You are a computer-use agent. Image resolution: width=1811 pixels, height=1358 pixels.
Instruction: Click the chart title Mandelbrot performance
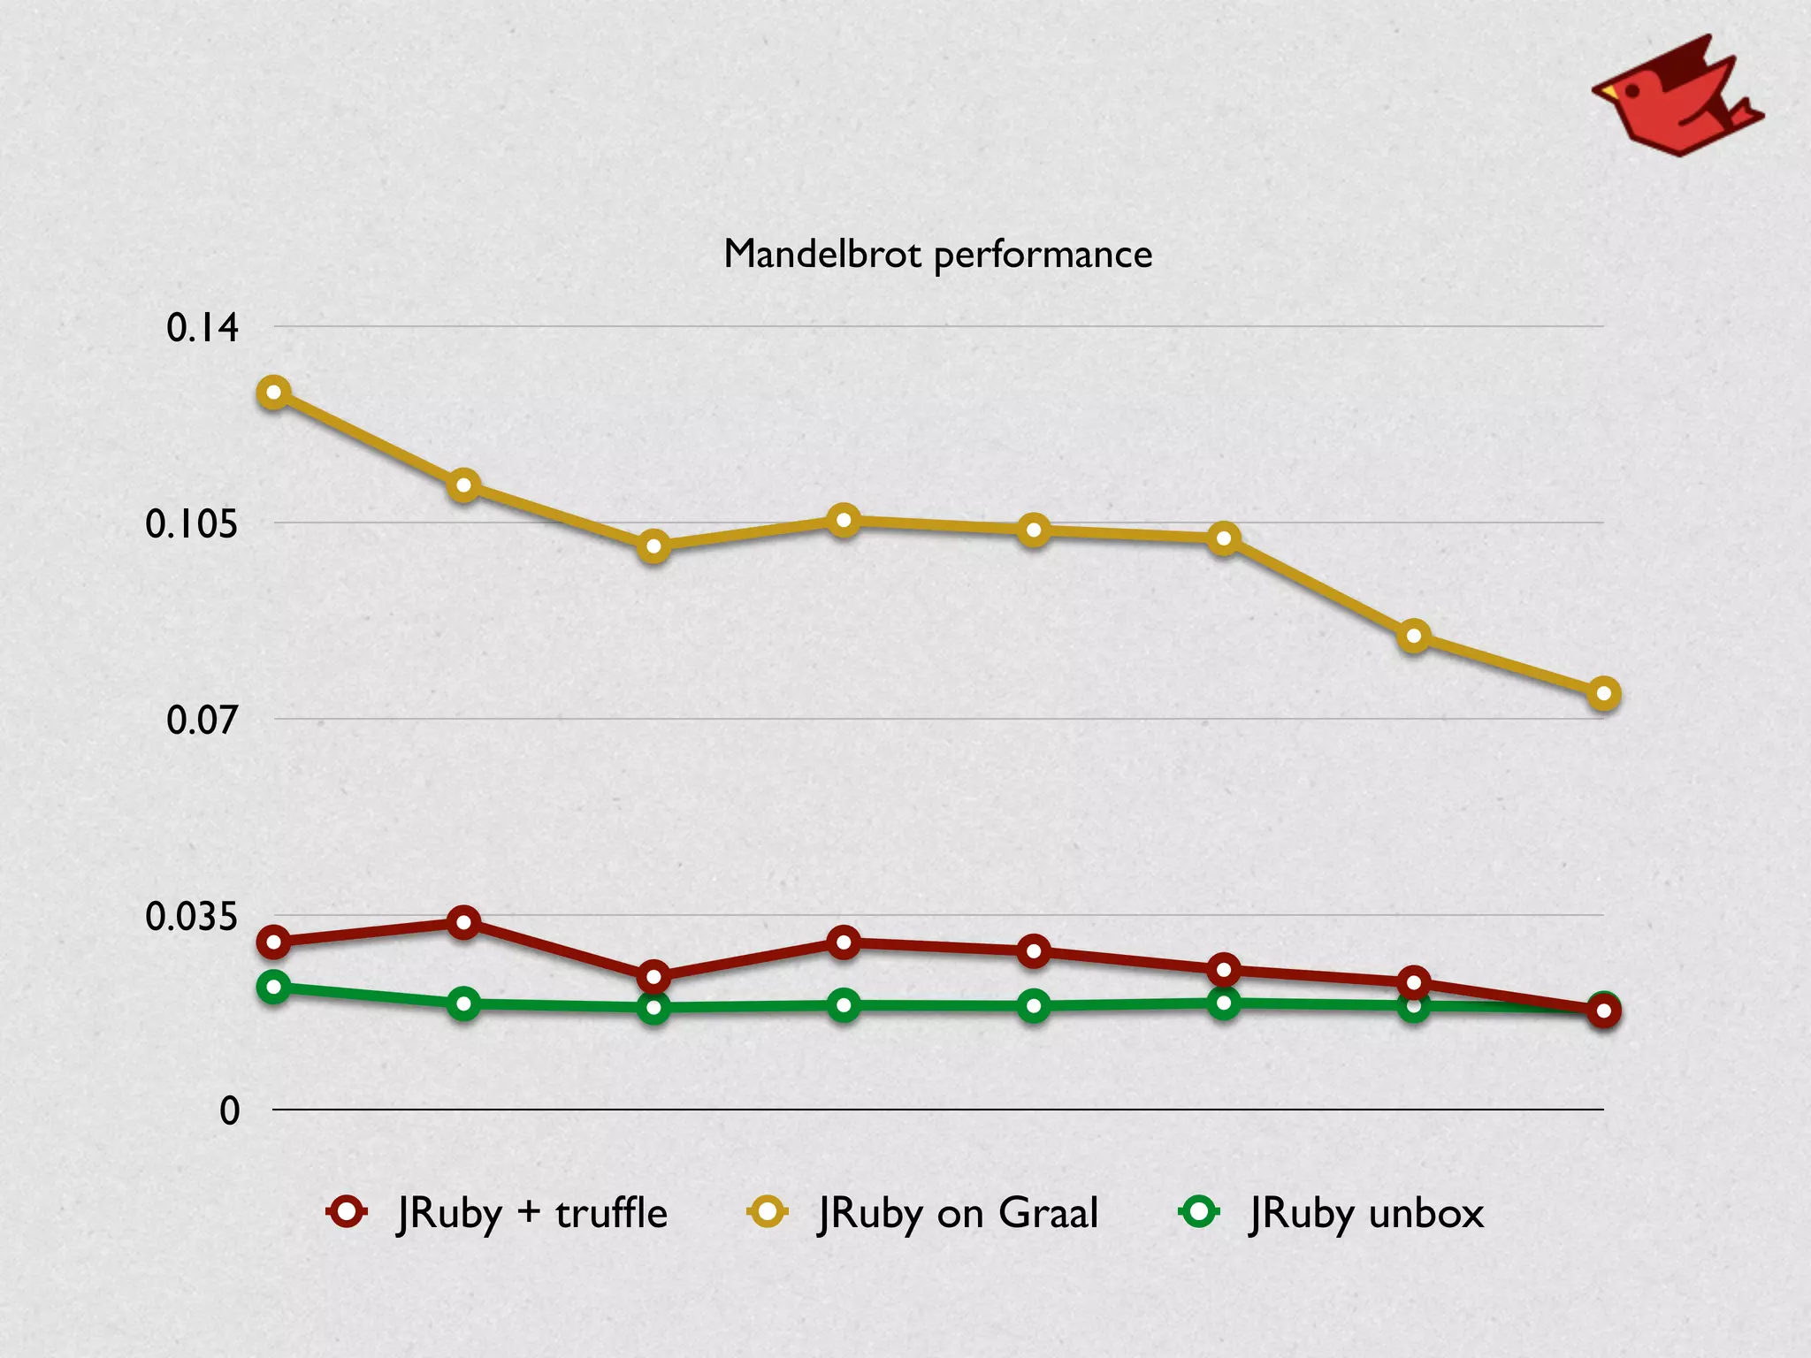(937, 255)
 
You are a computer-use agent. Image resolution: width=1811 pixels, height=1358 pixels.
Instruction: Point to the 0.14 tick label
(202, 328)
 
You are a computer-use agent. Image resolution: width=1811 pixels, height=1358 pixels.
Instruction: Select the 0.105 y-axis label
(192, 524)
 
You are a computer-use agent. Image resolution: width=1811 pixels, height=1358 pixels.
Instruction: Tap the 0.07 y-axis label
(202, 721)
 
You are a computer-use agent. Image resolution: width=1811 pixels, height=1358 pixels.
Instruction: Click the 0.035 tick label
(192, 917)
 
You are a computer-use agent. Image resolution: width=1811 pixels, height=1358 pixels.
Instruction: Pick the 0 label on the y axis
(230, 1111)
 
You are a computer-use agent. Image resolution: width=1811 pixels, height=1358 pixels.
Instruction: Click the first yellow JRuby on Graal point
(274, 393)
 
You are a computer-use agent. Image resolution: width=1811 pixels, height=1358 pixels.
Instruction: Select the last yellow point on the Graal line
(1603, 694)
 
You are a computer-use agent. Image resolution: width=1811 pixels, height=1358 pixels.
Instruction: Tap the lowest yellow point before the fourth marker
(653, 547)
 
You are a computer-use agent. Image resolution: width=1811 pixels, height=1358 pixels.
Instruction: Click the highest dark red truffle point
(463, 923)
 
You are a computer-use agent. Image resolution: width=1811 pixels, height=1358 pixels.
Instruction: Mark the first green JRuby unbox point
(274, 987)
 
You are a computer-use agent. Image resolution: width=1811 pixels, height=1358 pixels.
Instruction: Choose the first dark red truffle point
(274, 942)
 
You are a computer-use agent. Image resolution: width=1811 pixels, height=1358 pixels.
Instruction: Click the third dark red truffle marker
(653, 977)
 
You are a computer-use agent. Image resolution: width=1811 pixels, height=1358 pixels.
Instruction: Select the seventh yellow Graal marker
(1413, 636)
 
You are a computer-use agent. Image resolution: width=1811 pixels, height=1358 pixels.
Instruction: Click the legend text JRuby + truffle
(532, 1213)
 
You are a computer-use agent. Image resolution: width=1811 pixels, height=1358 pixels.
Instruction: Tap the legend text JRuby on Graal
(959, 1213)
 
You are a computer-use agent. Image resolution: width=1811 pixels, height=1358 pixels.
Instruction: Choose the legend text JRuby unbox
(1366, 1213)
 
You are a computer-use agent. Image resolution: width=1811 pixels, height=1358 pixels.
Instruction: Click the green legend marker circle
(1199, 1210)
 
